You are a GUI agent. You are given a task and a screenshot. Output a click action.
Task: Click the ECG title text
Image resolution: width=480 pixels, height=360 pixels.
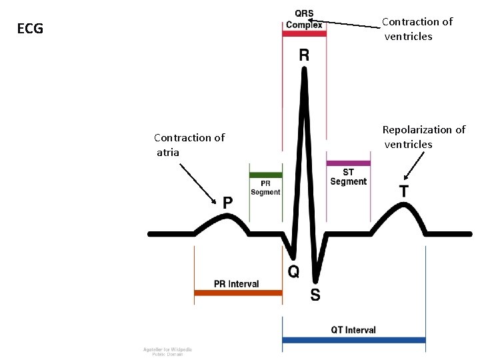(30, 29)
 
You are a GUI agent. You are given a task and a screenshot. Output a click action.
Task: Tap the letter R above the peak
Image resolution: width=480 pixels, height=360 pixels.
(304, 55)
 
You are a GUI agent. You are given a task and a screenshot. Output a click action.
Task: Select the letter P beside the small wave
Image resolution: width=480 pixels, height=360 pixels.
(228, 202)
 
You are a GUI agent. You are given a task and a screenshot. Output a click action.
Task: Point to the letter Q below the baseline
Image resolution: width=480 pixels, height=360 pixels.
(293, 271)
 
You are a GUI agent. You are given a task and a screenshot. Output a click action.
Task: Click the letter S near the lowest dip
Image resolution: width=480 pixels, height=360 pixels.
(315, 294)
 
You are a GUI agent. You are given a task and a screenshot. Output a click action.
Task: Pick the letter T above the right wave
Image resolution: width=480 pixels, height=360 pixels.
(404, 191)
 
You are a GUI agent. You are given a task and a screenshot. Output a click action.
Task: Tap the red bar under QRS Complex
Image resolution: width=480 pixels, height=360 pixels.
(304, 33)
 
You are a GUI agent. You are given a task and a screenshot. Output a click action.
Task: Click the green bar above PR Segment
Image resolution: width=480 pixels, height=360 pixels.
(265, 175)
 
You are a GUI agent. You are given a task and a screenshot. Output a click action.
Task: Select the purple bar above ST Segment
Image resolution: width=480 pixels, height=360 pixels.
(348, 163)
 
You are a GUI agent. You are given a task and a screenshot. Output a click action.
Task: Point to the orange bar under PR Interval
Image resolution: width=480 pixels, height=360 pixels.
(237, 293)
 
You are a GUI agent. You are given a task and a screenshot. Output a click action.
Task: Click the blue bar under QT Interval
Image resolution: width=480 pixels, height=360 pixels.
(354, 340)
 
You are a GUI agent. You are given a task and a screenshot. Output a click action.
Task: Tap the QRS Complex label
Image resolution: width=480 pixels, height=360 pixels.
(304, 20)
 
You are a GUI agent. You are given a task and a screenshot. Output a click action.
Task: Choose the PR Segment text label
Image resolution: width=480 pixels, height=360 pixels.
(265, 187)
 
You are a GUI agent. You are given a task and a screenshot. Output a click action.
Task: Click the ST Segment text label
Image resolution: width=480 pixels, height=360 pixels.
(348, 177)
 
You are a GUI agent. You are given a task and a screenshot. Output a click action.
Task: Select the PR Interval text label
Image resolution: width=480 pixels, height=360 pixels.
(236, 284)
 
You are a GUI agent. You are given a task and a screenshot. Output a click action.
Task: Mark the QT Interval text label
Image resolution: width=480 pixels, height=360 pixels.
(353, 330)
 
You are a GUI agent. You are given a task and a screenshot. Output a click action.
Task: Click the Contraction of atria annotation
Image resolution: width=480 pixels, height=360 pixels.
(189, 145)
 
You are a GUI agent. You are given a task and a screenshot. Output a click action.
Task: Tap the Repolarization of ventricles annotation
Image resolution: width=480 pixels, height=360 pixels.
(423, 137)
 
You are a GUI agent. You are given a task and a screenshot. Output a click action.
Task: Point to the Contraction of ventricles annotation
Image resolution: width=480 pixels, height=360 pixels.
(417, 29)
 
